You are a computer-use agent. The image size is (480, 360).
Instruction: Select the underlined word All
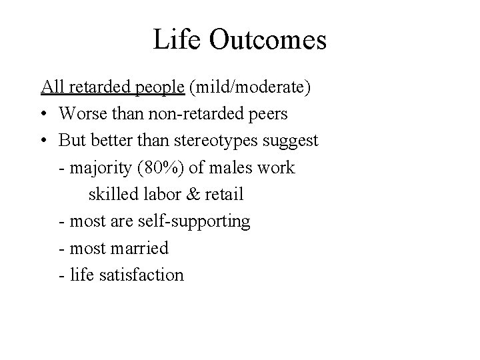tap(51, 87)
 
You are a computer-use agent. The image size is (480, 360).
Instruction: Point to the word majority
tap(102, 168)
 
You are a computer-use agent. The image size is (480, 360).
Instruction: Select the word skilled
tap(112, 195)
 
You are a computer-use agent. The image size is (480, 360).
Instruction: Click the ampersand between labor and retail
tap(194, 195)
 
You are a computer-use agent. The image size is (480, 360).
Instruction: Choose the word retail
tap(225, 195)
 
